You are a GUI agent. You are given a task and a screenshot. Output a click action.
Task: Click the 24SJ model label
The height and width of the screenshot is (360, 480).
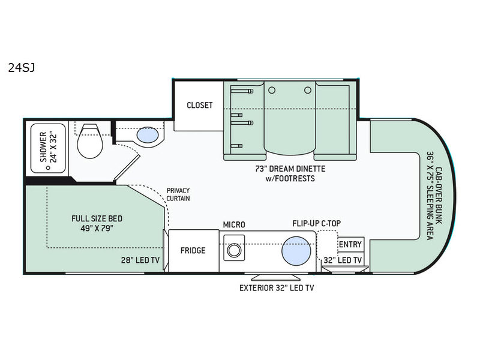[x=22, y=68]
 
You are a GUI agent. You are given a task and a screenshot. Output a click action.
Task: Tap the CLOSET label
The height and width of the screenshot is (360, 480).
[x=200, y=105]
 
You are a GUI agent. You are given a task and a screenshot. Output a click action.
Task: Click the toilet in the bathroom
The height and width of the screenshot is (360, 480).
[x=89, y=141]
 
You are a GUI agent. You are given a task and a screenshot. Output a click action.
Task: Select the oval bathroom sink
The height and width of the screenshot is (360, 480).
[x=148, y=135]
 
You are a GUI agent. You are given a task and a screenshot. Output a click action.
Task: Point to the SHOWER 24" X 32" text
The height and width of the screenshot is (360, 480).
[x=49, y=147]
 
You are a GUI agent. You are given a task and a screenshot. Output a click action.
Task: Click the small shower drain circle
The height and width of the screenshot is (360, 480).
[x=48, y=167]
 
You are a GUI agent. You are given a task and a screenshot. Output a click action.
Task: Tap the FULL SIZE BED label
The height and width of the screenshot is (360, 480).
[x=97, y=218]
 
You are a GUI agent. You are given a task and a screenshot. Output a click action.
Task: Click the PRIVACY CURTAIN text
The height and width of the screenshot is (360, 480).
[x=178, y=194]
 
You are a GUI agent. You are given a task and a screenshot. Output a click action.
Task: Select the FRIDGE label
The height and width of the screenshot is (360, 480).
[x=193, y=250]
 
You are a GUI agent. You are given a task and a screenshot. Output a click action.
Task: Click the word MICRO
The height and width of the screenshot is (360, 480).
[x=234, y=224]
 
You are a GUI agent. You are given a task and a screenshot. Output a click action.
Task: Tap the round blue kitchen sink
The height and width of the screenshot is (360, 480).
[x=296, y=251]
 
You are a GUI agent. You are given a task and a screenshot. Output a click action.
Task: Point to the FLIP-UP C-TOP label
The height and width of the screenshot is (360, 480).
[x=317, y=223]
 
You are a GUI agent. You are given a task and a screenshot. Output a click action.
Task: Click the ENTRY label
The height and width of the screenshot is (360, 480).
[x=350, y=244]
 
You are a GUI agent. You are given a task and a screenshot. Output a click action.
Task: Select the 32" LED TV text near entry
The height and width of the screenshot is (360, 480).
[x=343, y=260]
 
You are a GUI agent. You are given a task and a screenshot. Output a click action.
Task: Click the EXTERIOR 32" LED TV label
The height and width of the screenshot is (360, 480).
[x=277, y=288]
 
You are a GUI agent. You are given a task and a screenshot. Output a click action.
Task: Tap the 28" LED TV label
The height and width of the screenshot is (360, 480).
[x=140, y=260]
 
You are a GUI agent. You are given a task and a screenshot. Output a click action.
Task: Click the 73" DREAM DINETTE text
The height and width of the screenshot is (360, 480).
[x=290, y=169]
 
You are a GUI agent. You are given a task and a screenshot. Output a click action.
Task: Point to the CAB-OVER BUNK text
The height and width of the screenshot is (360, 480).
[x=439, y=196]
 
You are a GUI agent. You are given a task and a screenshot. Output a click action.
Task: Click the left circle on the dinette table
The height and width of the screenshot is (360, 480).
[x=272, y=91]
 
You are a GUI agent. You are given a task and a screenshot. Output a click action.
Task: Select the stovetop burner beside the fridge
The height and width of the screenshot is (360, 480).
[x=234, y=251]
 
